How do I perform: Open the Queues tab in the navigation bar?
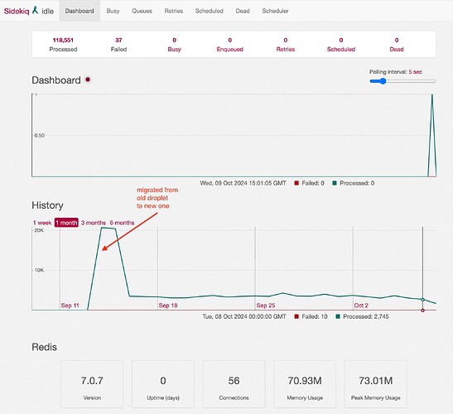[142, 11]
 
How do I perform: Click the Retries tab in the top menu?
[174, 11]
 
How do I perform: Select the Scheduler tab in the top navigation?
[275, 11]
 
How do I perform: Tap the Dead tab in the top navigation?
[243, 11]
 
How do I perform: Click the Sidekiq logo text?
[17, 12]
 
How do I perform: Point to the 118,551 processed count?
[63, 40]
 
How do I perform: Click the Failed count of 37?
[118, 40]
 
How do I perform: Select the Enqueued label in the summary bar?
[230, 50]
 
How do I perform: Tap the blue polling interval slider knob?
[383, 81]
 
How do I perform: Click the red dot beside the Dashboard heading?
[88, 79]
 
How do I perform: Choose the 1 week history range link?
[42, 223]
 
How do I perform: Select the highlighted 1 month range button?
[66, 223]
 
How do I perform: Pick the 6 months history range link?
[122, 223]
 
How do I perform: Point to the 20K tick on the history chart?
[39, 230]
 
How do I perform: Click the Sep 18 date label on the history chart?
[168, 306]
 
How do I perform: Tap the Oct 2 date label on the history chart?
[361, 306]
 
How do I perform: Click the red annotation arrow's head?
[104, 248]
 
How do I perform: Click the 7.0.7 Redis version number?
[92, 381]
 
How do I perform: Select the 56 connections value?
[234, 381]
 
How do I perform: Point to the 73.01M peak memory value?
[376, 381]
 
